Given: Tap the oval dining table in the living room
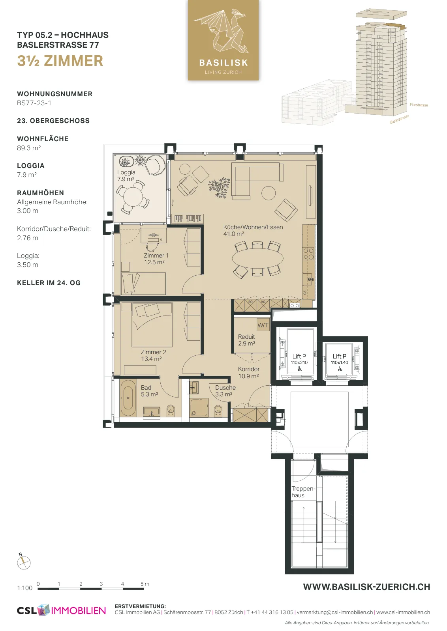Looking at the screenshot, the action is click(x=257, y=259).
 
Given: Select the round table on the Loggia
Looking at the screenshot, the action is click(x=133, y=196).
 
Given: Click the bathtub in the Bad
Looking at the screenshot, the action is click(x=128, y=398).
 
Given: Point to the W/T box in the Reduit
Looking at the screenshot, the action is click(x=263, y=325).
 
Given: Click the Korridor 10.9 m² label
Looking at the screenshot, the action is click(x=248, y=372).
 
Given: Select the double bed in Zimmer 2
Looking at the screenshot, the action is click(x=152, y=325).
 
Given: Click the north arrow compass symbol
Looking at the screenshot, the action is click(x=24, y=563).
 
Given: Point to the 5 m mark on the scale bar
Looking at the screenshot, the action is click(x=145, y=584).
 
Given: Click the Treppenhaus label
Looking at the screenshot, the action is click(x=303, y=492).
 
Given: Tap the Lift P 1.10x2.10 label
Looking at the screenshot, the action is click(x=299, y=359).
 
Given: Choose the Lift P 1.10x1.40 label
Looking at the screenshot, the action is click(x=340, y=359).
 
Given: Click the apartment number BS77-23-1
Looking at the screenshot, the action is click(x=34, y=103).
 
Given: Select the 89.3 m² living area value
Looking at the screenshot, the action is click(x=29, y=148).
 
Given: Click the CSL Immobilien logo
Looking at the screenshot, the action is click(x=61, y=610).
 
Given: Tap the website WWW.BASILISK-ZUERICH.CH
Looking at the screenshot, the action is click(x=366, y=587).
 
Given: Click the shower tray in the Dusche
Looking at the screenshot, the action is click(x=199, y=407).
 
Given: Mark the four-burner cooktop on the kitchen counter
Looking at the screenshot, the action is click(x=308, y=253).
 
